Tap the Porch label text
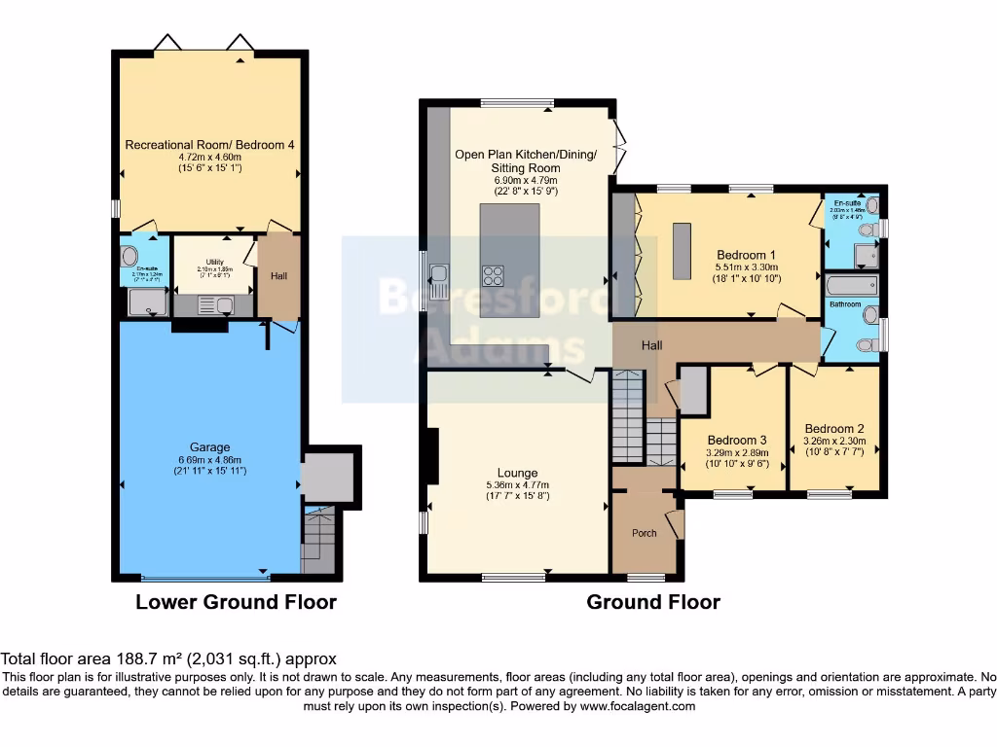645,533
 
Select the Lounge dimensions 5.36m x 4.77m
516,485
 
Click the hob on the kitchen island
493,274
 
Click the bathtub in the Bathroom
851,286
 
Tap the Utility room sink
224,304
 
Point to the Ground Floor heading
652,602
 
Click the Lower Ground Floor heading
236,602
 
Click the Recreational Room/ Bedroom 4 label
209,145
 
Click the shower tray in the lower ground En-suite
147,303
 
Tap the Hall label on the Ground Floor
652,345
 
